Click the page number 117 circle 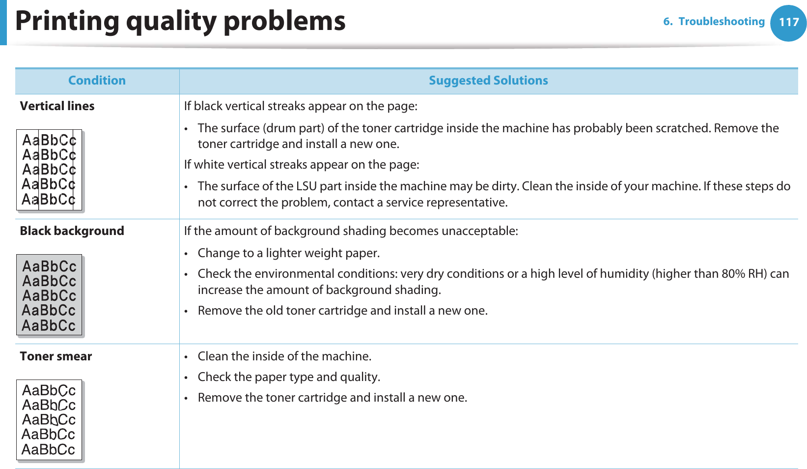pyautogui.click(x=788, y=23)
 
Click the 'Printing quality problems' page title pyautogui.click(x=180, y=21)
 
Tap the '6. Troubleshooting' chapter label pyautogui.click(x=714, y=22)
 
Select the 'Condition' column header pyautogui.click(x=97, y=81)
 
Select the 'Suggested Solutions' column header pyautogui.click(x=488, y=81)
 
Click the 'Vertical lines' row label pyautogui.click(x=57, y=106)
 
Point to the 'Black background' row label pyautogui.click(x=72, y=231)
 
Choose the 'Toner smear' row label pyautogui.click(x=56, y=356)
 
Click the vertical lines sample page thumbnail pyautogui.click(x=49, y=170)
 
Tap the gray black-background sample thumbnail pyautogui.click(x=49, y=295)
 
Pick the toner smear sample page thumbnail pyautogui.click(x=49, y=420)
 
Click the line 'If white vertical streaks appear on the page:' pyautogui.click(x=302, y=165)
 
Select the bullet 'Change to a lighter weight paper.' pyautogui.click(x=288, y=253)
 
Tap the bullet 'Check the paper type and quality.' pyautogui.click(x=289, y=377)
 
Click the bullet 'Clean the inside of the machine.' pyautogui.click(x=284, y=356)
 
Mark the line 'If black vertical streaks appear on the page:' pyautogui.click(x=301, y=106)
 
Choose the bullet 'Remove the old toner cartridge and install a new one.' pyautogui.click(x=342, y=311)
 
